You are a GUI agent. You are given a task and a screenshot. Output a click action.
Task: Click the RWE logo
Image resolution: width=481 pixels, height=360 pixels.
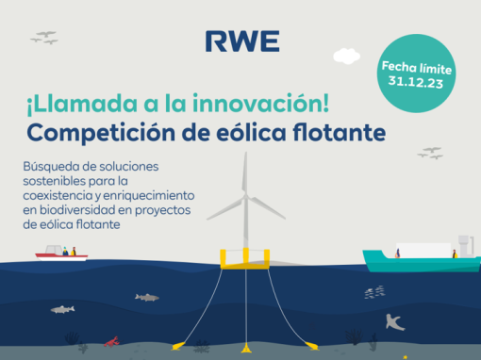(242, 41)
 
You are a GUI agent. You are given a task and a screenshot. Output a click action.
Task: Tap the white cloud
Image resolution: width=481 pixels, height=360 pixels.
(346, 57)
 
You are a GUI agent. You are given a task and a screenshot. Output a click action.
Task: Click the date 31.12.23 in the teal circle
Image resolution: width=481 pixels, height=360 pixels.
(416, 82)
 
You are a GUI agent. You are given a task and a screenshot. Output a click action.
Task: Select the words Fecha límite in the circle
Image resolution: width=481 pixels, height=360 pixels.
(417, 68)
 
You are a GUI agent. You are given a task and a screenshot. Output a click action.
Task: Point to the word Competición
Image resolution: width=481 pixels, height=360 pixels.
(101, 133)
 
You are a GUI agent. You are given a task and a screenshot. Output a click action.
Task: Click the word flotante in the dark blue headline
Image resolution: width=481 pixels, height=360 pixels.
(340, 132)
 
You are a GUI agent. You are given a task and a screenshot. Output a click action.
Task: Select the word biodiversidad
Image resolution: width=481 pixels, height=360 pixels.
(77, 210)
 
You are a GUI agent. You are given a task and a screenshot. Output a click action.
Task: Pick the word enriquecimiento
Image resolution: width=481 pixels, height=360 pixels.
(149, 196)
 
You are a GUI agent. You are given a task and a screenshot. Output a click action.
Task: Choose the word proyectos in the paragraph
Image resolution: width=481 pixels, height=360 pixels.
(163, 211)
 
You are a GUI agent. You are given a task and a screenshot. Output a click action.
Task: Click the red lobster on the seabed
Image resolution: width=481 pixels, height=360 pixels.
(111, 342)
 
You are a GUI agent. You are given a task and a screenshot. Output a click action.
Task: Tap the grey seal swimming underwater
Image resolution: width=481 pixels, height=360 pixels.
(394, 323)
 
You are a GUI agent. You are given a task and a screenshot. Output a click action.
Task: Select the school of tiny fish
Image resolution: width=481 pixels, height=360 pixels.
(374, 292)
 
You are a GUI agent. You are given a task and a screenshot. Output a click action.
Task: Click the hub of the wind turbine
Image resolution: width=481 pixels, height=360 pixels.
(245, 197)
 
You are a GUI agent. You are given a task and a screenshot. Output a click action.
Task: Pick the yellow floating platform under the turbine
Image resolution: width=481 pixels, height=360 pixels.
(245, 260)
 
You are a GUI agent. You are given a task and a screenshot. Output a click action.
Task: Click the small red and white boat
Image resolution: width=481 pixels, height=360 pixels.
(61, 254)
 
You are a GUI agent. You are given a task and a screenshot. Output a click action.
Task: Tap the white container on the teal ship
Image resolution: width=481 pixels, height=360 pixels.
(423, 251)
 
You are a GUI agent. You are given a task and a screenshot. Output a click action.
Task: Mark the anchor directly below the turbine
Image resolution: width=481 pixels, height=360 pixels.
(246, 348)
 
